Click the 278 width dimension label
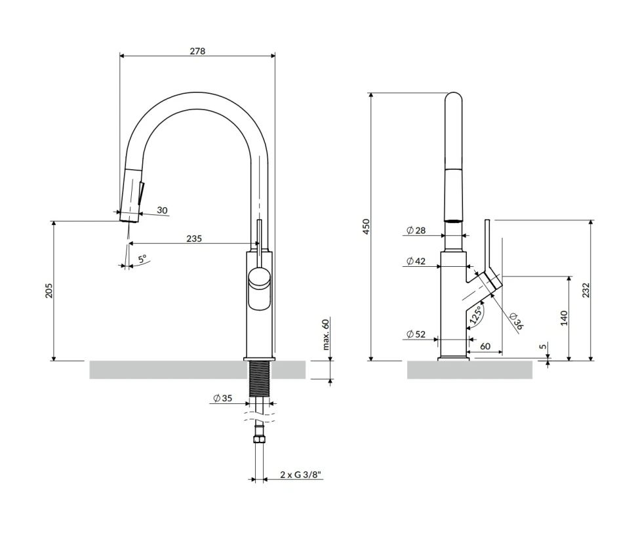[x=197, y=51]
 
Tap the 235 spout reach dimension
[x=194, y=239]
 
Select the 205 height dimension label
[x=49, y=291]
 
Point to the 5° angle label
[x=142, y=259]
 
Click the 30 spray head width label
[x=162, y=210]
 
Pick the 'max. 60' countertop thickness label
[x=326, y=334]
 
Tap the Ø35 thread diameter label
[x=223, y=398]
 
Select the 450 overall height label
[x=367, y=227]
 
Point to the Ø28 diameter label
[x=416, y=230]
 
